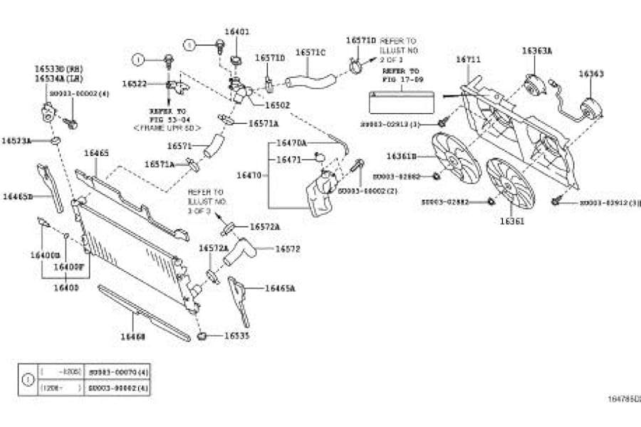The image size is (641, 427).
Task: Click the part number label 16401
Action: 236,32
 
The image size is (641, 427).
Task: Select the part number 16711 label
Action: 469,60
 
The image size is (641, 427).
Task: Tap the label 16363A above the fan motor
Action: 536,51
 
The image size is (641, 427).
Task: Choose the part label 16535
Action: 236,334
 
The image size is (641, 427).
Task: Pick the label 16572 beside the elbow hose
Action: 287,249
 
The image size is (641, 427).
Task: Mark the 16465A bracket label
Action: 280,288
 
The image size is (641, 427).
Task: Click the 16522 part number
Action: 134,84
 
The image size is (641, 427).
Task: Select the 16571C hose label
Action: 310,53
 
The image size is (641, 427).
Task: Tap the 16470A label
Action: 291,143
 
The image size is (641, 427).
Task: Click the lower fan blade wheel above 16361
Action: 510,183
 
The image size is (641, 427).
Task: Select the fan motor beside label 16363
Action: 590,109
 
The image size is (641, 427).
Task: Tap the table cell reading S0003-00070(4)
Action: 119,371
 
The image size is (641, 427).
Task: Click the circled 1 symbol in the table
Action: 28,380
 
